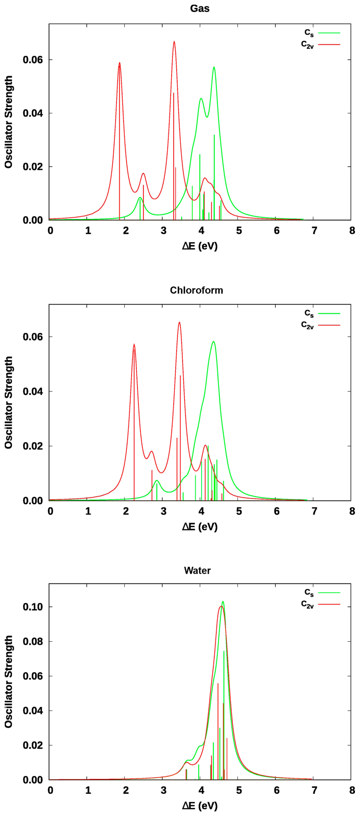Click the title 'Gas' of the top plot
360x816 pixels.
pos(200,9)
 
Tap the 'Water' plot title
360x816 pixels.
pos(197,571)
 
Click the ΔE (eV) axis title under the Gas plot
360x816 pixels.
pos(200,246)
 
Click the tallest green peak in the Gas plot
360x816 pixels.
pos(214,67)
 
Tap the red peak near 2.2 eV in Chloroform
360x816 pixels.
pos(134,344)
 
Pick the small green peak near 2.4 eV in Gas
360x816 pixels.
pos(140,198)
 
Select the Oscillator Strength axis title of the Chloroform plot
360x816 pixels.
pos(9,402)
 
